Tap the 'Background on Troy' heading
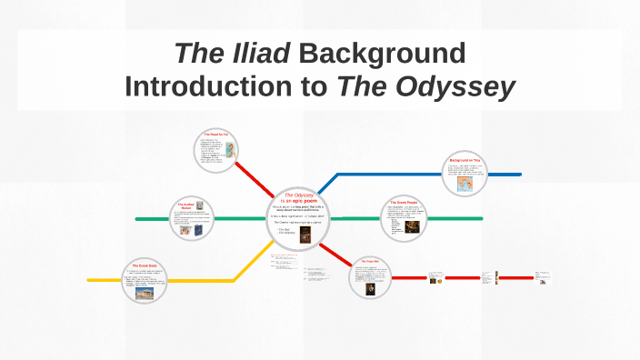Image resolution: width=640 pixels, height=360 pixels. click(464, 161)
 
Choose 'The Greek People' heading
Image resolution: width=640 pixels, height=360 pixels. click(405, 201)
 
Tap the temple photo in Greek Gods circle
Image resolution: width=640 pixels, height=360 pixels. click(144, 293)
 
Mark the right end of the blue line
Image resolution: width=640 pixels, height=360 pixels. click(521, 174)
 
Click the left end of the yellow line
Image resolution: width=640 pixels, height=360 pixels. click(88, 279)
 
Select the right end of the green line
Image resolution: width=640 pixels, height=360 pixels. click(482, 218)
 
